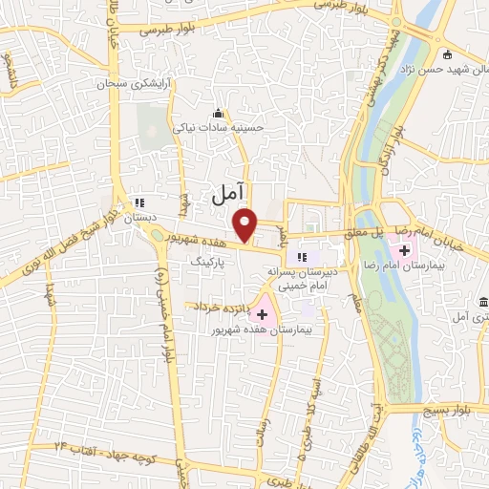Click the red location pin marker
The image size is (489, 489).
(246, 224)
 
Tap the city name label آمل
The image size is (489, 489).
(226, 196)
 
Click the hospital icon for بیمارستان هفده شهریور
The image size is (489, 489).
(263, 313)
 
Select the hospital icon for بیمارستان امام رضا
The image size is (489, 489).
(405, 252)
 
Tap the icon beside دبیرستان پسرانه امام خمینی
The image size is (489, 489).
(303, 256)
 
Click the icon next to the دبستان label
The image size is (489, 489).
(139, 202)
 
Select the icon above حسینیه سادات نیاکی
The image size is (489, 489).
(218, 112)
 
